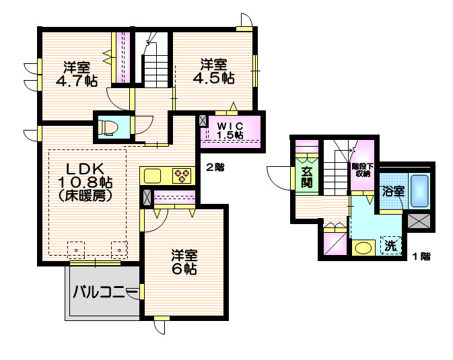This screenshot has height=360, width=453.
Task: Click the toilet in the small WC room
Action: pos(108,126)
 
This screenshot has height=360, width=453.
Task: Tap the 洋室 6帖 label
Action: pos(183,262)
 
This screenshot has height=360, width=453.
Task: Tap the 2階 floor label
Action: pos(215,168)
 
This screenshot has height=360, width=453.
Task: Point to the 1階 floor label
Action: pos(421,256)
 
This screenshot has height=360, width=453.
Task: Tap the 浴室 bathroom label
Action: pos(393,190)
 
